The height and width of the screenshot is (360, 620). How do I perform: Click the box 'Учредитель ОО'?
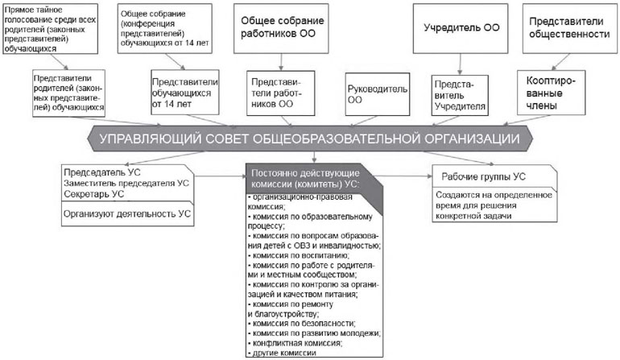pyautogui.click(x=461, y=28)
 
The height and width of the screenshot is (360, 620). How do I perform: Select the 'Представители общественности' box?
pyautogui.click(x=569, y=28)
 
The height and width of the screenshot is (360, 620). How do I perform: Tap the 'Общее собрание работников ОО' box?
pyautogui.click(x=281, y=28)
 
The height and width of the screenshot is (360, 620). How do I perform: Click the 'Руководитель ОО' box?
pyautogui.click(x=377, y=94)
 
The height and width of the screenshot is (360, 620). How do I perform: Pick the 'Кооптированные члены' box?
pyautogui.click(x=552, y=93)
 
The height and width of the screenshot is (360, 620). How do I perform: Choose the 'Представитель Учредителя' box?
pyautogui.click(x=460, y=95)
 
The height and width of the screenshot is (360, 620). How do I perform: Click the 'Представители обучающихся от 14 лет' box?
pyautogui.click(x=184, y=93)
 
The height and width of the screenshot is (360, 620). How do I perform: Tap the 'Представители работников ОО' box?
pyautogui.click(x=281, y=93)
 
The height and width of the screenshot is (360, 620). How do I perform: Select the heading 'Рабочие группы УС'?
pyautogui.click(x=484, y=176)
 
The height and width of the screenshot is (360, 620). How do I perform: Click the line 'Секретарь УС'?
pyautogui.click(x=93, y=194)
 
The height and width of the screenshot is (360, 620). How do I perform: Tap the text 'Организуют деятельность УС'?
pyautogui.click(x=127, y=213)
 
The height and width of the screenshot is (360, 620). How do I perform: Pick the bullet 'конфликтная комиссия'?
pyautogui.click(x=295, y=343)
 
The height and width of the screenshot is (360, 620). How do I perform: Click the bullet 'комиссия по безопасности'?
pyautogui.click(x=302, y=323)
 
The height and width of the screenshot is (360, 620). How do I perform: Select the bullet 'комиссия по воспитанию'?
pyautogui.click(x=298, y=255)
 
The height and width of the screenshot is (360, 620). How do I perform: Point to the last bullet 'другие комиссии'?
pyautogui.click(x=282, y=353)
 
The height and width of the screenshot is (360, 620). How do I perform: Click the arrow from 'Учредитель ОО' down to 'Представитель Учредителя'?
pyautogui.click(x=460, y=64)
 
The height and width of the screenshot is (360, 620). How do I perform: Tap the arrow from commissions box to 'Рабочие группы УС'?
pyautogui.click(x=403, y=176)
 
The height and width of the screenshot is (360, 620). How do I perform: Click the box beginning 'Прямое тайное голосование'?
pyautogui.click(x=50, y=29)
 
